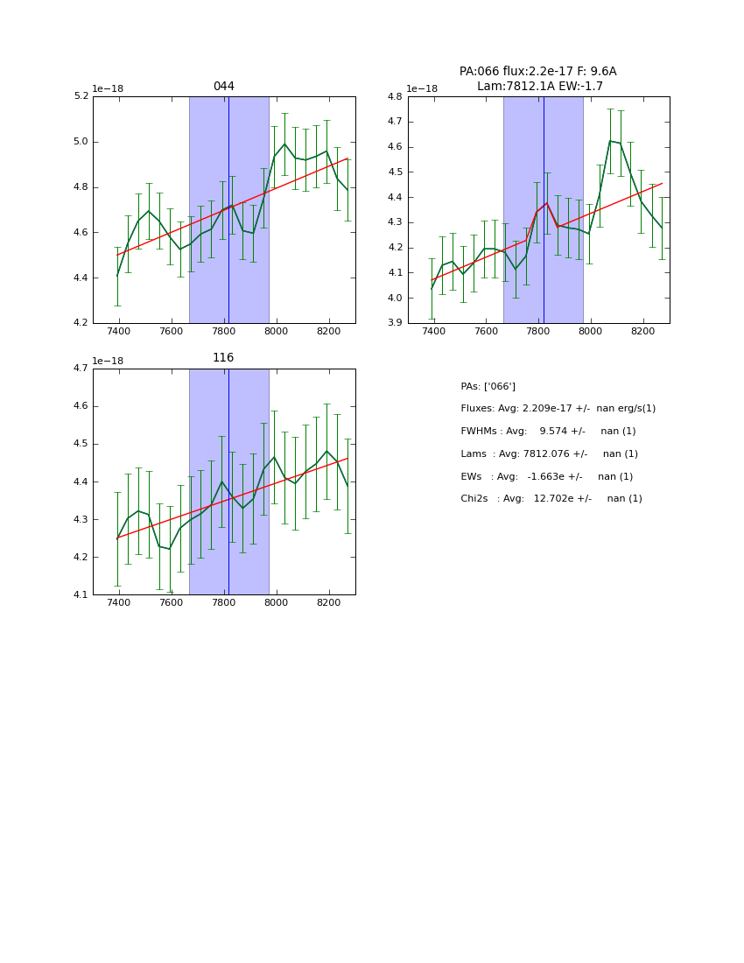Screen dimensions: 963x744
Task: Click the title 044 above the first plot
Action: click(x=223, y=87)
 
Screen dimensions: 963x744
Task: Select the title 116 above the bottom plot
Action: click(x=223, y=358)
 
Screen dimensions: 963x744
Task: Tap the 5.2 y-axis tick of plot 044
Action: click(x=81, y=96)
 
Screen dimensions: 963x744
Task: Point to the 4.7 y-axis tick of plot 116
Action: click(x=81, y=369)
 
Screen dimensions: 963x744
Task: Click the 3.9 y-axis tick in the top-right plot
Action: click(x=395, y=323)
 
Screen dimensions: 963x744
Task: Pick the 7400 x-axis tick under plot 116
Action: click(x=119, y=603)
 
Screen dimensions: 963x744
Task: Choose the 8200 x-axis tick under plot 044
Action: click(x=328, y=332)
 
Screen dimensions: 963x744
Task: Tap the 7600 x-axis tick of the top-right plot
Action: click(x=486, y=332)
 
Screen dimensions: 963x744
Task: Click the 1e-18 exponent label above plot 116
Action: click(x=108, y=361)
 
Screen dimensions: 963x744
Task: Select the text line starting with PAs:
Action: click(x=488, y=386)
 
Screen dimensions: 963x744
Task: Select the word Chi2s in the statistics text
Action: click(x=476, y=499)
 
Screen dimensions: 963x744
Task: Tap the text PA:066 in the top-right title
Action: click(x=477, y=72)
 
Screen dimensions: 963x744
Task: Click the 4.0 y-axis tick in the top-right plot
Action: click(x=395, y=298)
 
